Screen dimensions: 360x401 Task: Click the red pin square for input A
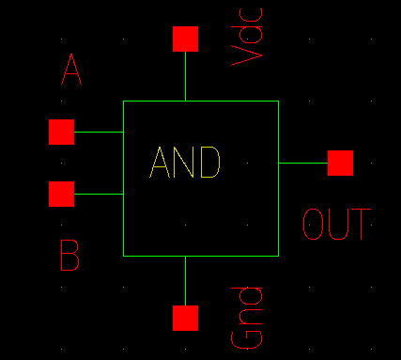tap(61, 132)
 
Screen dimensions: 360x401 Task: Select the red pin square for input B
tap(61, 194)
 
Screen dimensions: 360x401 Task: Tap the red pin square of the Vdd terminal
tap(186, 39)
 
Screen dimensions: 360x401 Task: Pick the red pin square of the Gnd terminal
tap(186, 318)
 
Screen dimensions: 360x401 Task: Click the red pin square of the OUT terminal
tap(340, 163)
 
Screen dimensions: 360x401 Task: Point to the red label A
tap(71, 70)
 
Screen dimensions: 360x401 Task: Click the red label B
tap(69, 256)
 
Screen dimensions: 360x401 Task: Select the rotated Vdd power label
tap(246, 36)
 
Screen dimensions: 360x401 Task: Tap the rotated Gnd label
tap(246, 318)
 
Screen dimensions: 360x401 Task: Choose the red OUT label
tap(336, 225)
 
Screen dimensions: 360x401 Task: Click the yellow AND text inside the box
tap(185, 164)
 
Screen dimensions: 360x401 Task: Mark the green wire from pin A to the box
tap(99, 132)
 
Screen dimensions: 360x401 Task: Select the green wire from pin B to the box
tap(99, 194)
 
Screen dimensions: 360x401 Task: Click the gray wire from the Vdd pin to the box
tap(186, 76)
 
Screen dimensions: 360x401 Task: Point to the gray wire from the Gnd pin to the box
tap(186, 280)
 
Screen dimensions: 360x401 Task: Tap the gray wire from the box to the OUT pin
tap(302, 163)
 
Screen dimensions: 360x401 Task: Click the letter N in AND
tap(185, 164)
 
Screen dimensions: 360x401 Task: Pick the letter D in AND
tap(209, 164)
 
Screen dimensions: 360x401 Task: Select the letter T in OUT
tap(361, 225)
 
